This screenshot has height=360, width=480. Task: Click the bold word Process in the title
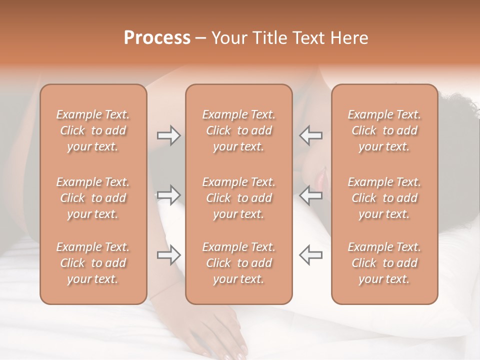(157, 37)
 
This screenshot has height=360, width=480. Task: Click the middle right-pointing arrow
(168, 195)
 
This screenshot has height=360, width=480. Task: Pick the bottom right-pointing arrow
(168, 254)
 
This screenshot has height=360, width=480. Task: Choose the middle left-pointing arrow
(310, 195)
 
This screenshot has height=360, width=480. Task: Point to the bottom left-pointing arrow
(310, 254)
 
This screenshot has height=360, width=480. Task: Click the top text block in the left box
(93, 130)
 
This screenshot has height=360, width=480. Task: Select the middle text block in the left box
(93, 198)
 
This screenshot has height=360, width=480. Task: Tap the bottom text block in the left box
(93, 263)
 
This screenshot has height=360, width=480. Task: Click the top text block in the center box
(238, 130)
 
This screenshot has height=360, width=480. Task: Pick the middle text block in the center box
(238, 198)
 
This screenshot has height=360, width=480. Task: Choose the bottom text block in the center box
(238, 263)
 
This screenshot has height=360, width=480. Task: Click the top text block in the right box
(384, 130)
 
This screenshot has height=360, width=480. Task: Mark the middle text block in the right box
(384, 198)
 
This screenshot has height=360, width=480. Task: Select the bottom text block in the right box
(384, 263)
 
